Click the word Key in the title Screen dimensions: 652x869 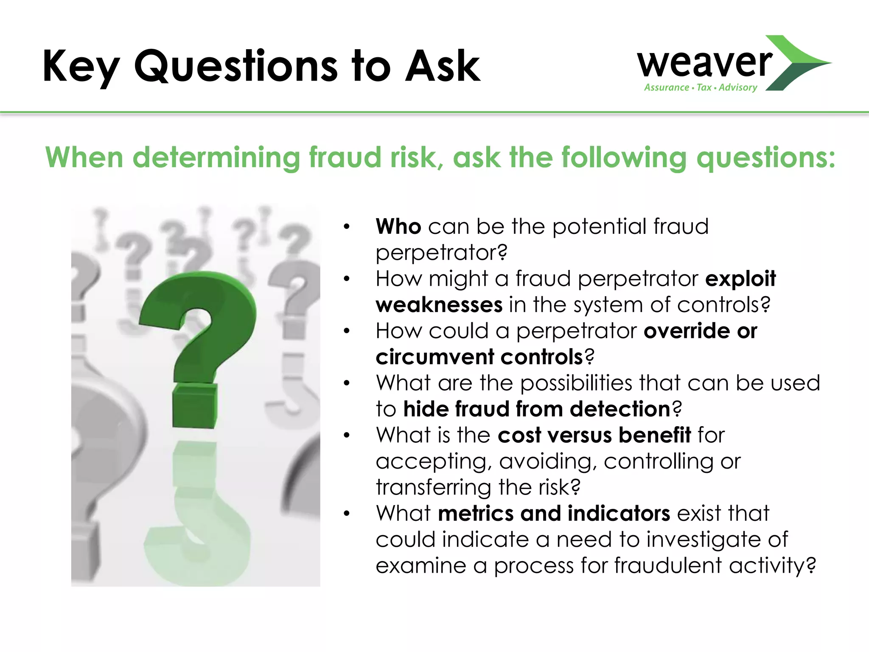click(81, 67)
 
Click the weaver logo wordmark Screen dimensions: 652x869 click(704, 63)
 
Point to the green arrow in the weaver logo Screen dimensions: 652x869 click(798, 63)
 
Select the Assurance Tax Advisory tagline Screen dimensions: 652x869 click(701, 87)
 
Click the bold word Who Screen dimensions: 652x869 click(398, 226)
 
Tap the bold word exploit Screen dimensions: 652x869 click(740, 278)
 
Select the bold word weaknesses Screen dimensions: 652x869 click(439, 305)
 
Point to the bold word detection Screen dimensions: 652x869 click(620, 409)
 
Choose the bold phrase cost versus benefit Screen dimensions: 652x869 click(594, 435)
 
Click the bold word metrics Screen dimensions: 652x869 click(475, 513)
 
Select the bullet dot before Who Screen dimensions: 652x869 click(347, 227)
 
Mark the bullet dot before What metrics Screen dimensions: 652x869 click(347, 514)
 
